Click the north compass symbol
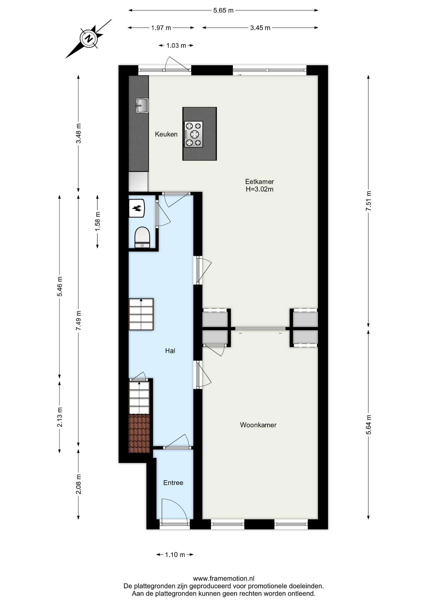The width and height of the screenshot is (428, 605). tap(89, 38)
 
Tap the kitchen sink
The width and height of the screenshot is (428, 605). tap(142, 105)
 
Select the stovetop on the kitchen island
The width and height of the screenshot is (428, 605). tap(194, 134)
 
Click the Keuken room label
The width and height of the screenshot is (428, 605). tap(166, 134)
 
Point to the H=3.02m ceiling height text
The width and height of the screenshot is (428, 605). tap(259, 189)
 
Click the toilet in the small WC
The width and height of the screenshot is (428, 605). tap(142, 237)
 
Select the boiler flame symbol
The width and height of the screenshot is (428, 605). tap(137, 208)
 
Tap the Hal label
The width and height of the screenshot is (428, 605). tap(170, 351)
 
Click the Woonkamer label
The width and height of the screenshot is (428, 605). tap(258, 425)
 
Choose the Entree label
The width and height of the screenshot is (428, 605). tap(173, 483)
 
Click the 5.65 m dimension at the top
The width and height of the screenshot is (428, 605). tap(223, 10)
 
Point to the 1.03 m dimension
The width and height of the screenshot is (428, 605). tap(176, 45)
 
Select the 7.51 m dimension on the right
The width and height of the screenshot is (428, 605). tap(368, 202)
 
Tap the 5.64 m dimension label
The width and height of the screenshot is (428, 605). tap(368, 424)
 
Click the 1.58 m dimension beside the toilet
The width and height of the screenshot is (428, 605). tap(97, 222)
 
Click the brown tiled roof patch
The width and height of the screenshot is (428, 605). tap(139, 434)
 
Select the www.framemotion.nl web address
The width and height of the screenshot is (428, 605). tap(223, 579)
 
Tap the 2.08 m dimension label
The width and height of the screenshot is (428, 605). tap(78, 484)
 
